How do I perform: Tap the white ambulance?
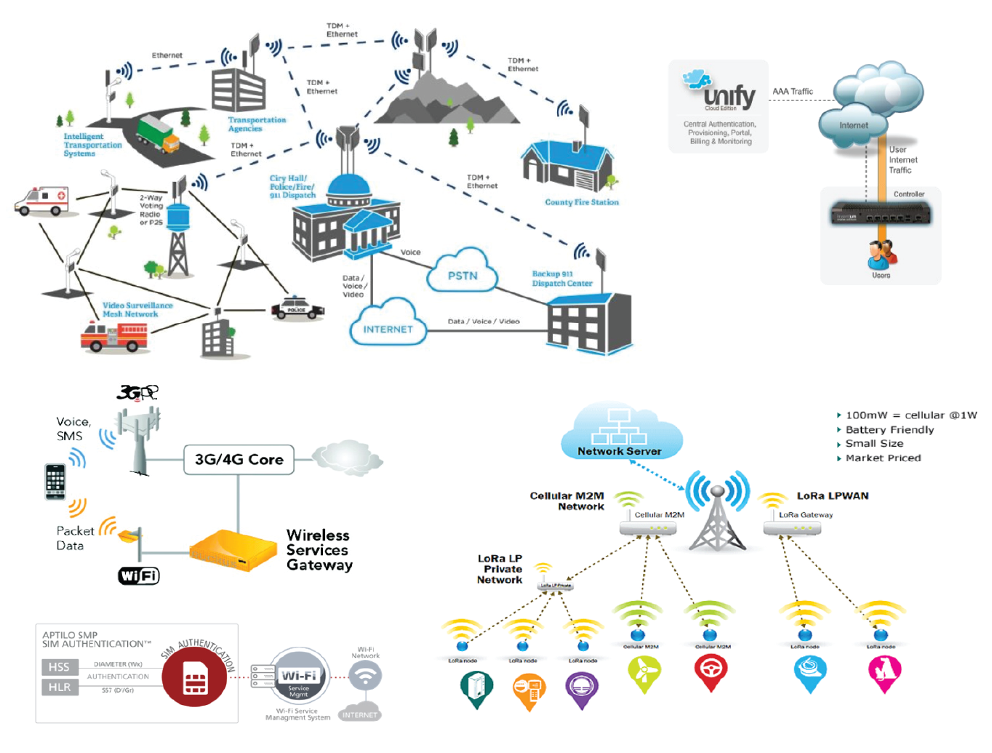(x=42, y=202)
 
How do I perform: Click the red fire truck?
(x=114, y=336)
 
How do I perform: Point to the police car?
(x=297, y=308)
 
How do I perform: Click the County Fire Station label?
(x=582, y=202)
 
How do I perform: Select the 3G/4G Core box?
(x=239, y=460)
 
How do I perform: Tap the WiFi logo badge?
(x=139, y=576)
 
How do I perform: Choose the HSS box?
(x=59, y=666)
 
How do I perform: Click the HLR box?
(x=59, y=687)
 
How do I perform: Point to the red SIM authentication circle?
(x=195, y=678)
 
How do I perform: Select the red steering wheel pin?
(x=711, y=670)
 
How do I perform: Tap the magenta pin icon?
(x=884, y=672)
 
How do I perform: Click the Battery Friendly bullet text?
(x=889, y=430)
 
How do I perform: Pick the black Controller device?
(x=880, y=214)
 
